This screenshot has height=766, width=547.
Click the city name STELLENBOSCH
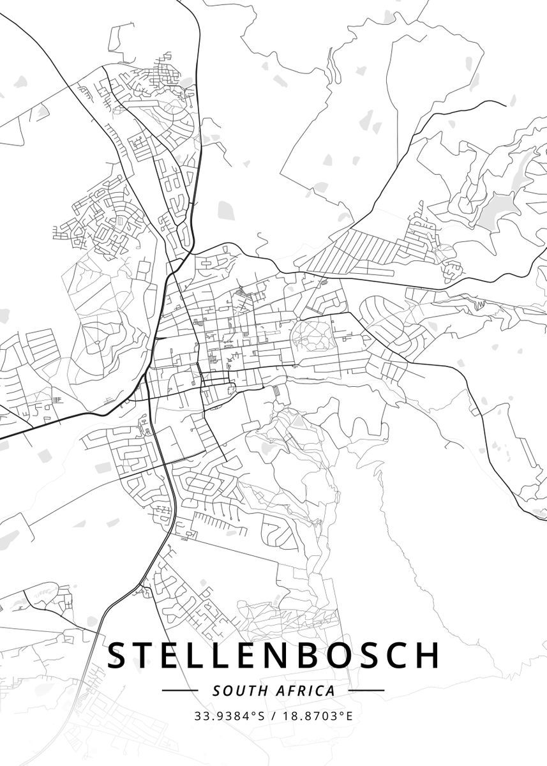273,656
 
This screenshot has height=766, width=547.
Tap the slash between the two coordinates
273,716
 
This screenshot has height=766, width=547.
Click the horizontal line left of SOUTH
180,691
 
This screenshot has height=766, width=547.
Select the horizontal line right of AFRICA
366,691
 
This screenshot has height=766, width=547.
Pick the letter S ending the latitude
260,716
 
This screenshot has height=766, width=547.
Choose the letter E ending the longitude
349,716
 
